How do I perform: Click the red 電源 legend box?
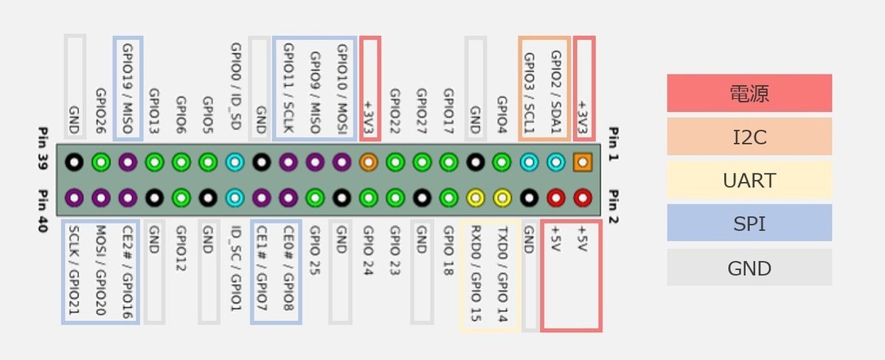pos(749,93)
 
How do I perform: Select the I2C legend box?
pos(749,136)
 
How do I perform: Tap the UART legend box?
pos(749,180)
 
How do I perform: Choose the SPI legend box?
pos(749,223)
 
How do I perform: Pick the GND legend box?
pos(749,267)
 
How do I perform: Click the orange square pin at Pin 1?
pos(583,161)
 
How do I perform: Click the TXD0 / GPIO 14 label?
pos(502,273)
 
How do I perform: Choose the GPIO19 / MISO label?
pos(128,89)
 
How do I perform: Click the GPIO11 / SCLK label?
pos(288,89)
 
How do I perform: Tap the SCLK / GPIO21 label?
pos(74,274)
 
